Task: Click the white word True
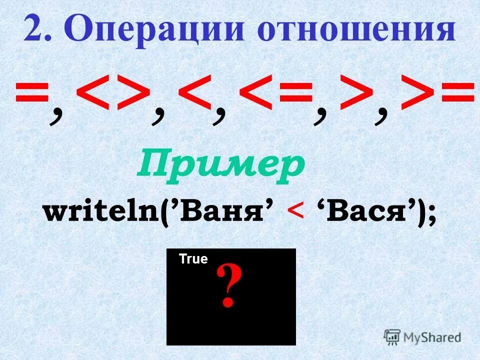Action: click(x=193, y=259)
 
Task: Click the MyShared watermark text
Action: click(x=432, y=337)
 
